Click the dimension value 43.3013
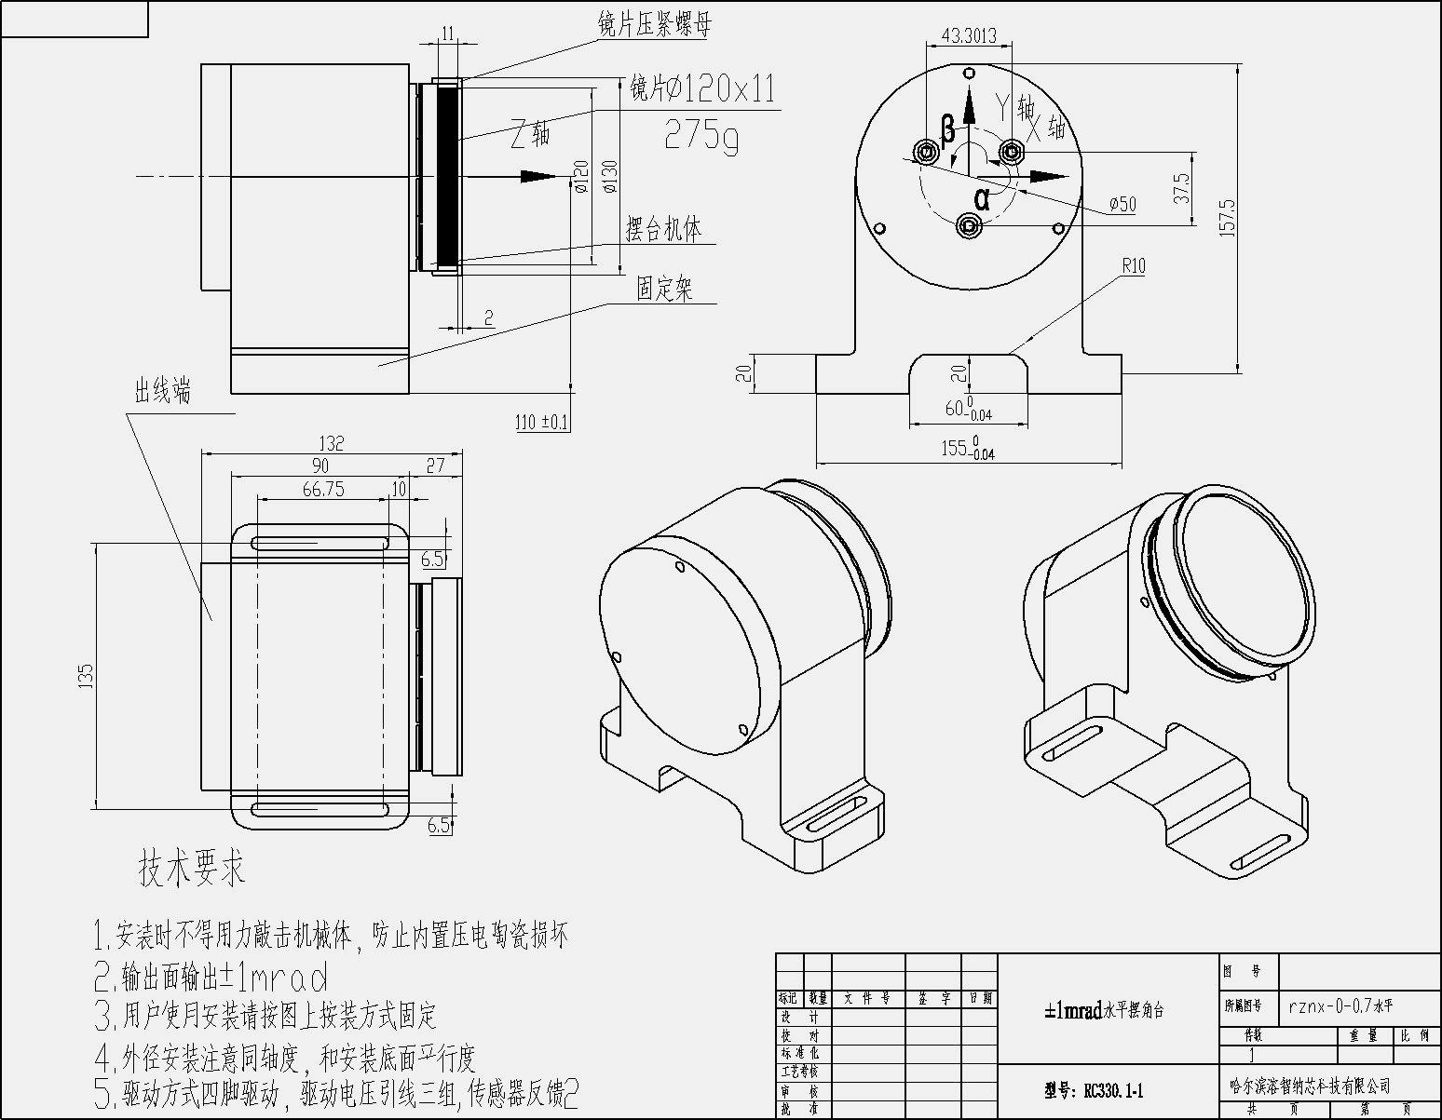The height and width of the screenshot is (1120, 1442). tap(970, 36)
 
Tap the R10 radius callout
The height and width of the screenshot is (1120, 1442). tap(1133, 266)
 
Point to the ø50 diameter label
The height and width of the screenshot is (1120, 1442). tap(1122, 205)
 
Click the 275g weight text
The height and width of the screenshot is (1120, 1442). tap(701, 136)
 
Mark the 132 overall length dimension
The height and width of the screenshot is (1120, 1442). tap(331, 443)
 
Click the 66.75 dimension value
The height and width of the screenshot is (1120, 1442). tap(323, 489)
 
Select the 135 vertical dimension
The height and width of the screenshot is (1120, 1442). tap(86, 675)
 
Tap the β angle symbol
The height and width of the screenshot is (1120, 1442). tap(947, 130)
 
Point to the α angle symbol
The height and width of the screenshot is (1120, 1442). tap(982, 197)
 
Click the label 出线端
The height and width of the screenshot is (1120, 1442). tap(163, 392)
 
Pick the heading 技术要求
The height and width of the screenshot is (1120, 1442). tap(192, 868)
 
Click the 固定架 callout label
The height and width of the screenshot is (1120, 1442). tap(664, 290)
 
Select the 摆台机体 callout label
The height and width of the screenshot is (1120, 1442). tap(663, 229)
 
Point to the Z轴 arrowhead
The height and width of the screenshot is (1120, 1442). tap(537, 176)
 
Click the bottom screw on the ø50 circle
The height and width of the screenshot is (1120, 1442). tap(970, 224)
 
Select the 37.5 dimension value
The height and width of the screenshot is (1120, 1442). tap(1182, 188)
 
